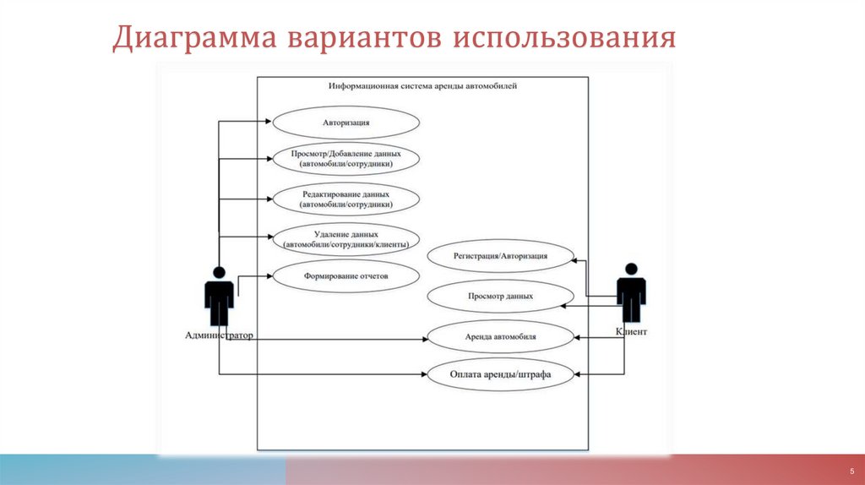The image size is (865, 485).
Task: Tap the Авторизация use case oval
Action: coord(345,123)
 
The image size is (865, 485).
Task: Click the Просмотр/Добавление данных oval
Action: coord(345,160)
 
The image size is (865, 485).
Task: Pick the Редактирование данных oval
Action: coord(345,199)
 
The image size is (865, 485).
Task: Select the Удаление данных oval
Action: coord(345,239)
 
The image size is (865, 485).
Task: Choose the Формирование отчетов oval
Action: coord(345,275)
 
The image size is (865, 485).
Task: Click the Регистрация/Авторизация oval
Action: coord(500,256)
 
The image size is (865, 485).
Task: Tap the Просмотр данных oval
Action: coord(500,297)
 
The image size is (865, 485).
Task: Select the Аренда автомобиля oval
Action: coord(500,337)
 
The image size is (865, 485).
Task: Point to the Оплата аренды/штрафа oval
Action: coord(500,374)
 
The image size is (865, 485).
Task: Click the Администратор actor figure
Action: coord(219,296)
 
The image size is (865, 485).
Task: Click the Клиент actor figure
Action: coord(630,293)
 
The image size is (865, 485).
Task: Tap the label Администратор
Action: coord(219,336)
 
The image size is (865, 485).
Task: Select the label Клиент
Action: coord(632,333)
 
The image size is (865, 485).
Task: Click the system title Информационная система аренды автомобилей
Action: coord(422,86)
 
